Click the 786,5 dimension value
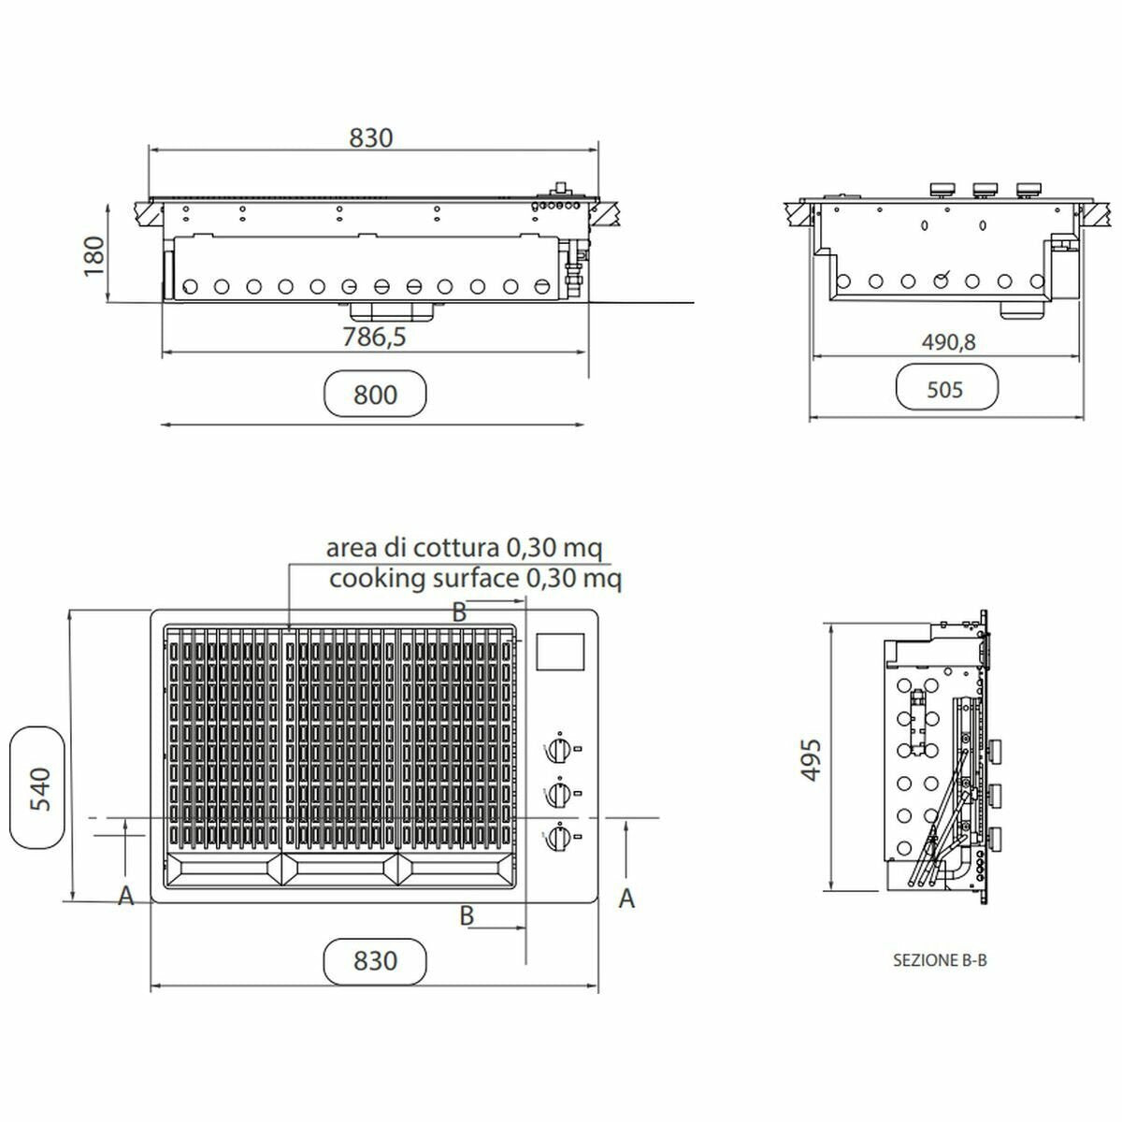pyautogui.click(x=374, y=338)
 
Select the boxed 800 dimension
pyautogui.click(x=375, y=395)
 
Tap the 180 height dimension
pyautogui.click(x=93, y=256)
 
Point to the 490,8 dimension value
pyautogui.click(x=948, y=342)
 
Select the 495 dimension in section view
pyautogui.click(x=811, y=760)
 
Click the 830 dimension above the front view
pyautogui.click(x=371, y=138)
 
